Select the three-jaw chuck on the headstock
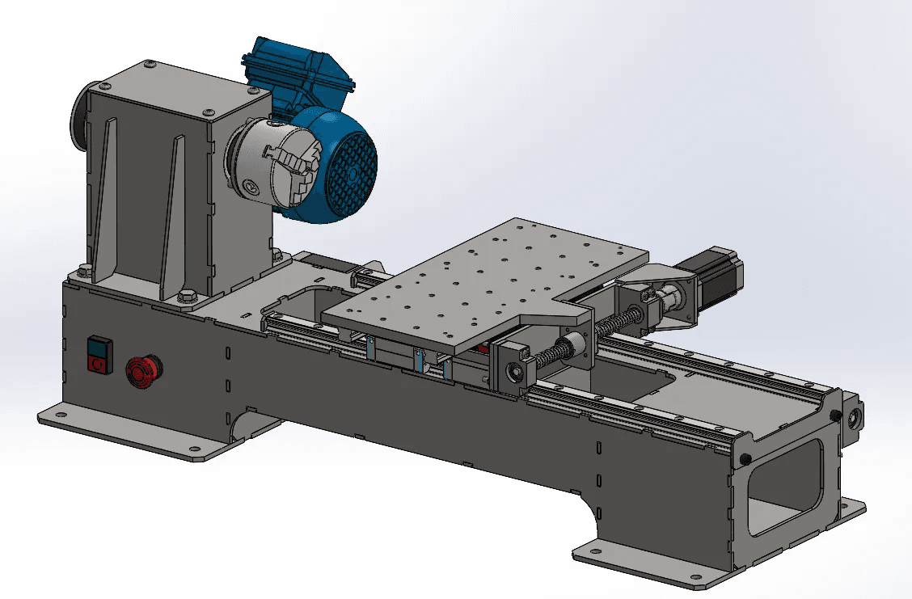tap(273, 166)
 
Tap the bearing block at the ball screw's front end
tap(513, 368)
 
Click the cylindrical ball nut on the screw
tap(577, 343)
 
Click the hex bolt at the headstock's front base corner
tap(185, 297)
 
